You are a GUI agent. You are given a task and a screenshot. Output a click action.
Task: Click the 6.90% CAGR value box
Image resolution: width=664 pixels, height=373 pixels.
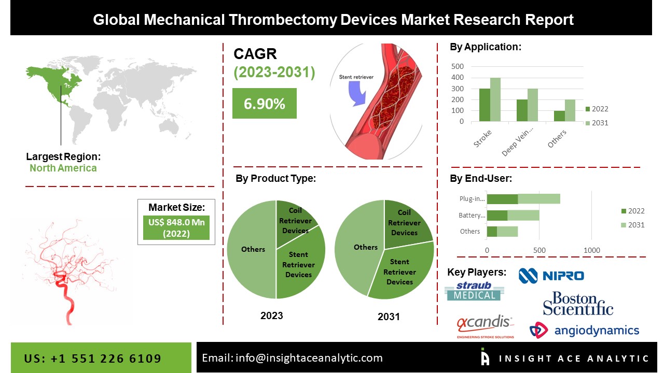coord(264,104)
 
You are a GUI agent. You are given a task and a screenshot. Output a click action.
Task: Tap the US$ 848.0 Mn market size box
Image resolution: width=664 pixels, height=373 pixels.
coord(176,227)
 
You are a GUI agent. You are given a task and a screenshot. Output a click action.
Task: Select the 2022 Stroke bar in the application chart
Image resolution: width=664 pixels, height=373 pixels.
coord(484,105)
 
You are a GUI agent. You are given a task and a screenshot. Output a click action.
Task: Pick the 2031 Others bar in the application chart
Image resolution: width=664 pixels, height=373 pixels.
coord(570,111)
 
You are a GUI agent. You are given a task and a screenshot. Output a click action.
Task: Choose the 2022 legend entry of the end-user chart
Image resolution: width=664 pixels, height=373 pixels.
coord(632,211)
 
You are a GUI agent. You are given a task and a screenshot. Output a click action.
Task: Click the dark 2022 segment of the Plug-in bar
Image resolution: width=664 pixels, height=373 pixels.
coord(502,199)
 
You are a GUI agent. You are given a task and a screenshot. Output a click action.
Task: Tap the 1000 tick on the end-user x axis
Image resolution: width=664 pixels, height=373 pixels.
coord(592,250)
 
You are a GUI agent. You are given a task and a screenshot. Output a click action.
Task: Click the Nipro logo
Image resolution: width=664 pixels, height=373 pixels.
coord(551,276)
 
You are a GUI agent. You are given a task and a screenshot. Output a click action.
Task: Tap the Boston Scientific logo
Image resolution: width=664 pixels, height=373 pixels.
coord(578,304)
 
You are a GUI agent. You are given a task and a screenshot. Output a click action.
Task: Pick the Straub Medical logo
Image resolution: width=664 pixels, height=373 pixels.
coord(473,291)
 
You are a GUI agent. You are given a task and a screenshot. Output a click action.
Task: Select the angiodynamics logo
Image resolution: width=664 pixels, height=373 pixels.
coord(584,330)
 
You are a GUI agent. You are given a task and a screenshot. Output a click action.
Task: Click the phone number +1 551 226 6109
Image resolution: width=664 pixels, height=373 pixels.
coord(93,358)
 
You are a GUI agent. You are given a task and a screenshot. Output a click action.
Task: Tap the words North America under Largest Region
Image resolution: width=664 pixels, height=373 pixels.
coord(63,168)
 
